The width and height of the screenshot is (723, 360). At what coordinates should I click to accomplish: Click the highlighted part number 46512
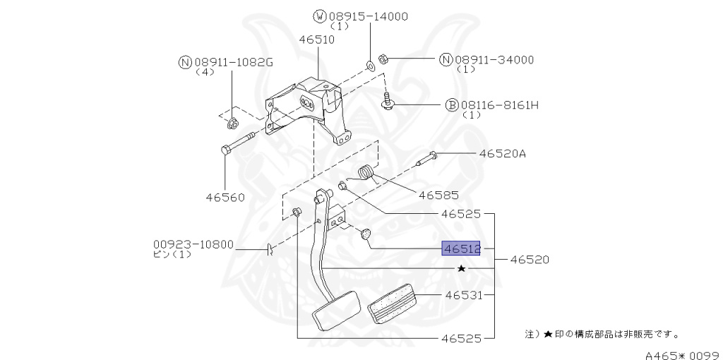pos(461,248)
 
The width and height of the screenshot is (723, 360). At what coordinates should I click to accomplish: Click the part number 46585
pos(438,194)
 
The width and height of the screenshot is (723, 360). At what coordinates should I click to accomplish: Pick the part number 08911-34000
pos(494,60)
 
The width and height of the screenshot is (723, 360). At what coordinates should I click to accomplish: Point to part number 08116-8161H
pos(500,105)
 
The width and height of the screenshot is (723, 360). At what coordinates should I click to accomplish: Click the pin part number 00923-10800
pos(193,244)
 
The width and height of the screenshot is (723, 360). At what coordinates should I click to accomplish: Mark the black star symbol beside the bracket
pos(462,268)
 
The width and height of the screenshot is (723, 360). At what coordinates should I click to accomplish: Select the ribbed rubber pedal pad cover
pos(393,304)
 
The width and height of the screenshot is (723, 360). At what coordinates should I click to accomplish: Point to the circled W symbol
pos(318,16)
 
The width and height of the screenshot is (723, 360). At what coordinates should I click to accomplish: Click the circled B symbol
pos(452,105)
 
